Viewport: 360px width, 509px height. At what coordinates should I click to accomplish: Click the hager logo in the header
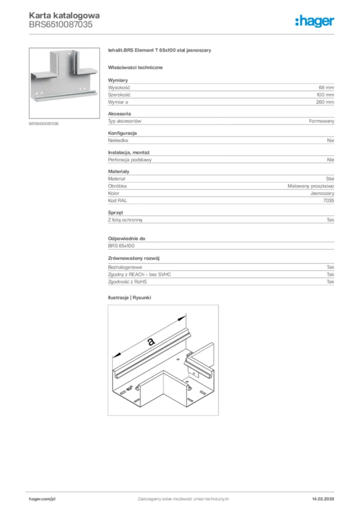314,21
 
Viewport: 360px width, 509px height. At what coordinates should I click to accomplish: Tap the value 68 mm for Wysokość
326,87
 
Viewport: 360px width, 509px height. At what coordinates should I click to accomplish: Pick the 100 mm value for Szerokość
325,94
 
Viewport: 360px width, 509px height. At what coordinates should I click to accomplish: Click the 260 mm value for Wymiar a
325,102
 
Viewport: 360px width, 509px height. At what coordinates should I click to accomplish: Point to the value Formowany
321,121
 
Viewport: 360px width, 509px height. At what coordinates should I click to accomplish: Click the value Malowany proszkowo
311,186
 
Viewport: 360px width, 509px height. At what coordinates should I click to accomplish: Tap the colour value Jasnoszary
322,193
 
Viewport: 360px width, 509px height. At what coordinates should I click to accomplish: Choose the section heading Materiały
118,171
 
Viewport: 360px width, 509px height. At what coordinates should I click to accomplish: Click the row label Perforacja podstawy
130,160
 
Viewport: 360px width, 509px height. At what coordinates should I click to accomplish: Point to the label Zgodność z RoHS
127,282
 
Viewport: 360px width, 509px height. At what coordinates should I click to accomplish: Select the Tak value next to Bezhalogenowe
330,267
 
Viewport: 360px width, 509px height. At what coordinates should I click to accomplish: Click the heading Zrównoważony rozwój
133,258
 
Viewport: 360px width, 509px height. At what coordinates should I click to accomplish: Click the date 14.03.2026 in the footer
323,499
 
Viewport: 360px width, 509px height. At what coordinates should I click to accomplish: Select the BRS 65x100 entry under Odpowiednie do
121,246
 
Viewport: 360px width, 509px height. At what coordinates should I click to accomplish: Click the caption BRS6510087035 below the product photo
44,123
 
